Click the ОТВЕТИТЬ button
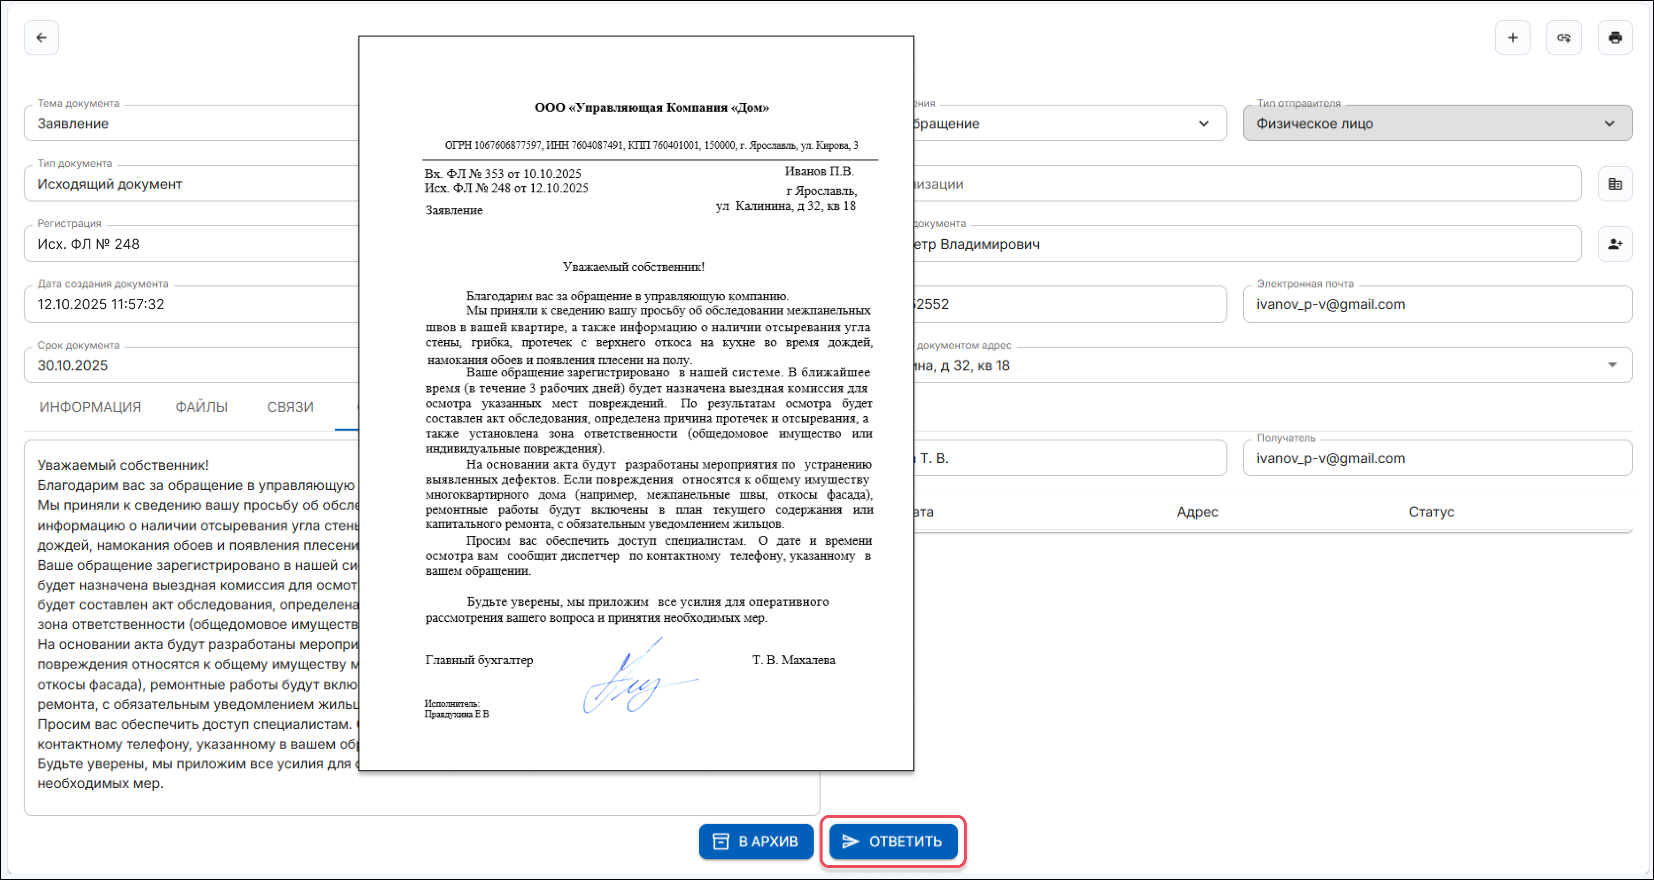(x=893, y=841)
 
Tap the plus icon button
(x=1512, y=38)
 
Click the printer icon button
(x=1615, y=38)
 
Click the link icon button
(x=1564, y=38)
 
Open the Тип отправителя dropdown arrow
(x=1609, y=123)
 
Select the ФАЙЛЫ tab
(x=201, y=406)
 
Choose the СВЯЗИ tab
(x=290, y=406)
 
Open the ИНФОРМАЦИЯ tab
(x=90, y=406)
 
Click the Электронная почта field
(x=1437, y=305)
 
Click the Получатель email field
(x=1437, y=458)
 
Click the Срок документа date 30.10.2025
(x=73, y=365)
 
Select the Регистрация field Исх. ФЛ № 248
(x=88, y=244)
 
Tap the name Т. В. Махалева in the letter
(x=793, y=660)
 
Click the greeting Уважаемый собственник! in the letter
(x=633, y=267)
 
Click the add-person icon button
(x=1615, y=244)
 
